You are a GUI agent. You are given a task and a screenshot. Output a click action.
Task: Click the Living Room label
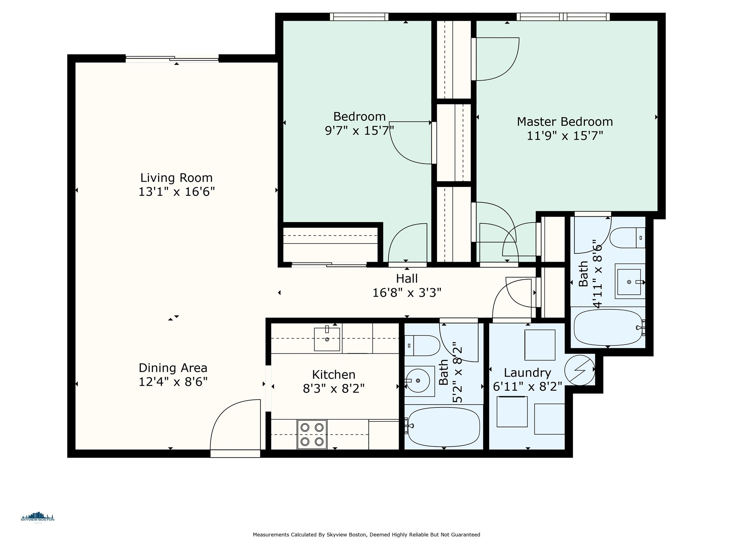176,178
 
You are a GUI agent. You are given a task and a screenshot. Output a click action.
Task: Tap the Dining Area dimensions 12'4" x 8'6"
173,382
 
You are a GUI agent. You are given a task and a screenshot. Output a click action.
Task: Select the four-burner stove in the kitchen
312,434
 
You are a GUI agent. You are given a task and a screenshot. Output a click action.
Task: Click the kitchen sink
327,339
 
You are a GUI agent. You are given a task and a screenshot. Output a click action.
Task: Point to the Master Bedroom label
565,122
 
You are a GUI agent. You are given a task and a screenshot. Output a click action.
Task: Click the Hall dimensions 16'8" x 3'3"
407,293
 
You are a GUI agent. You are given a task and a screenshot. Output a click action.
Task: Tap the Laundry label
527,373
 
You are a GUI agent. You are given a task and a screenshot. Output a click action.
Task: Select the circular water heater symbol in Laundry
580,370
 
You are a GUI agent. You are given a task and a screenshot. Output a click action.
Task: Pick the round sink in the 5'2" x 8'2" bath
418,381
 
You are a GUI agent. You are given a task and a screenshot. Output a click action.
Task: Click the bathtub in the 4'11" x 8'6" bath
608,327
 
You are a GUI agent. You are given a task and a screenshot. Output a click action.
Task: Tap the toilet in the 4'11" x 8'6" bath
627,238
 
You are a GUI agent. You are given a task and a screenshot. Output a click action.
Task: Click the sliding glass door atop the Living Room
172,59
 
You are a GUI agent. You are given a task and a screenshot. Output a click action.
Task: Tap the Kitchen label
334,375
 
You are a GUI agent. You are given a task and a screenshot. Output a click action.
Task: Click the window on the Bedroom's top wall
359,17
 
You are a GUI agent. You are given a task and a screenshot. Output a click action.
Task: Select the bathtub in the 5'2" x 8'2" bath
443,427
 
